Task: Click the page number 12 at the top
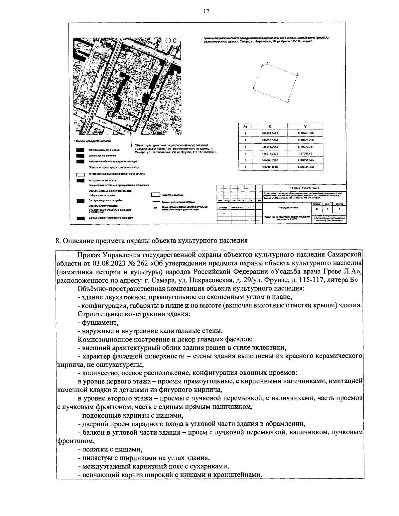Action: (206, 11)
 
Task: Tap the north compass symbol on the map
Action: (168, 41)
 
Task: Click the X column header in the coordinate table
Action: (269, 127)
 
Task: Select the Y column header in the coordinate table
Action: (305, 127)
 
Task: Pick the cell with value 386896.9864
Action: (270, 140)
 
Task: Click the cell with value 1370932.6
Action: (305, 154)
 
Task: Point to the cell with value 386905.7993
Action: (270, 160)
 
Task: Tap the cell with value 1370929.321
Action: (305, 147)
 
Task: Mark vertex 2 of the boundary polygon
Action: (254, 89)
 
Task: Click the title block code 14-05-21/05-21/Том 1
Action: (304, 188)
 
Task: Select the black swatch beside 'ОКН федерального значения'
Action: (80, 150)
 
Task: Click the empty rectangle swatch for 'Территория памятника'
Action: (156, 195)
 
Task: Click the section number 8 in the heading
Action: (57, 241)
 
